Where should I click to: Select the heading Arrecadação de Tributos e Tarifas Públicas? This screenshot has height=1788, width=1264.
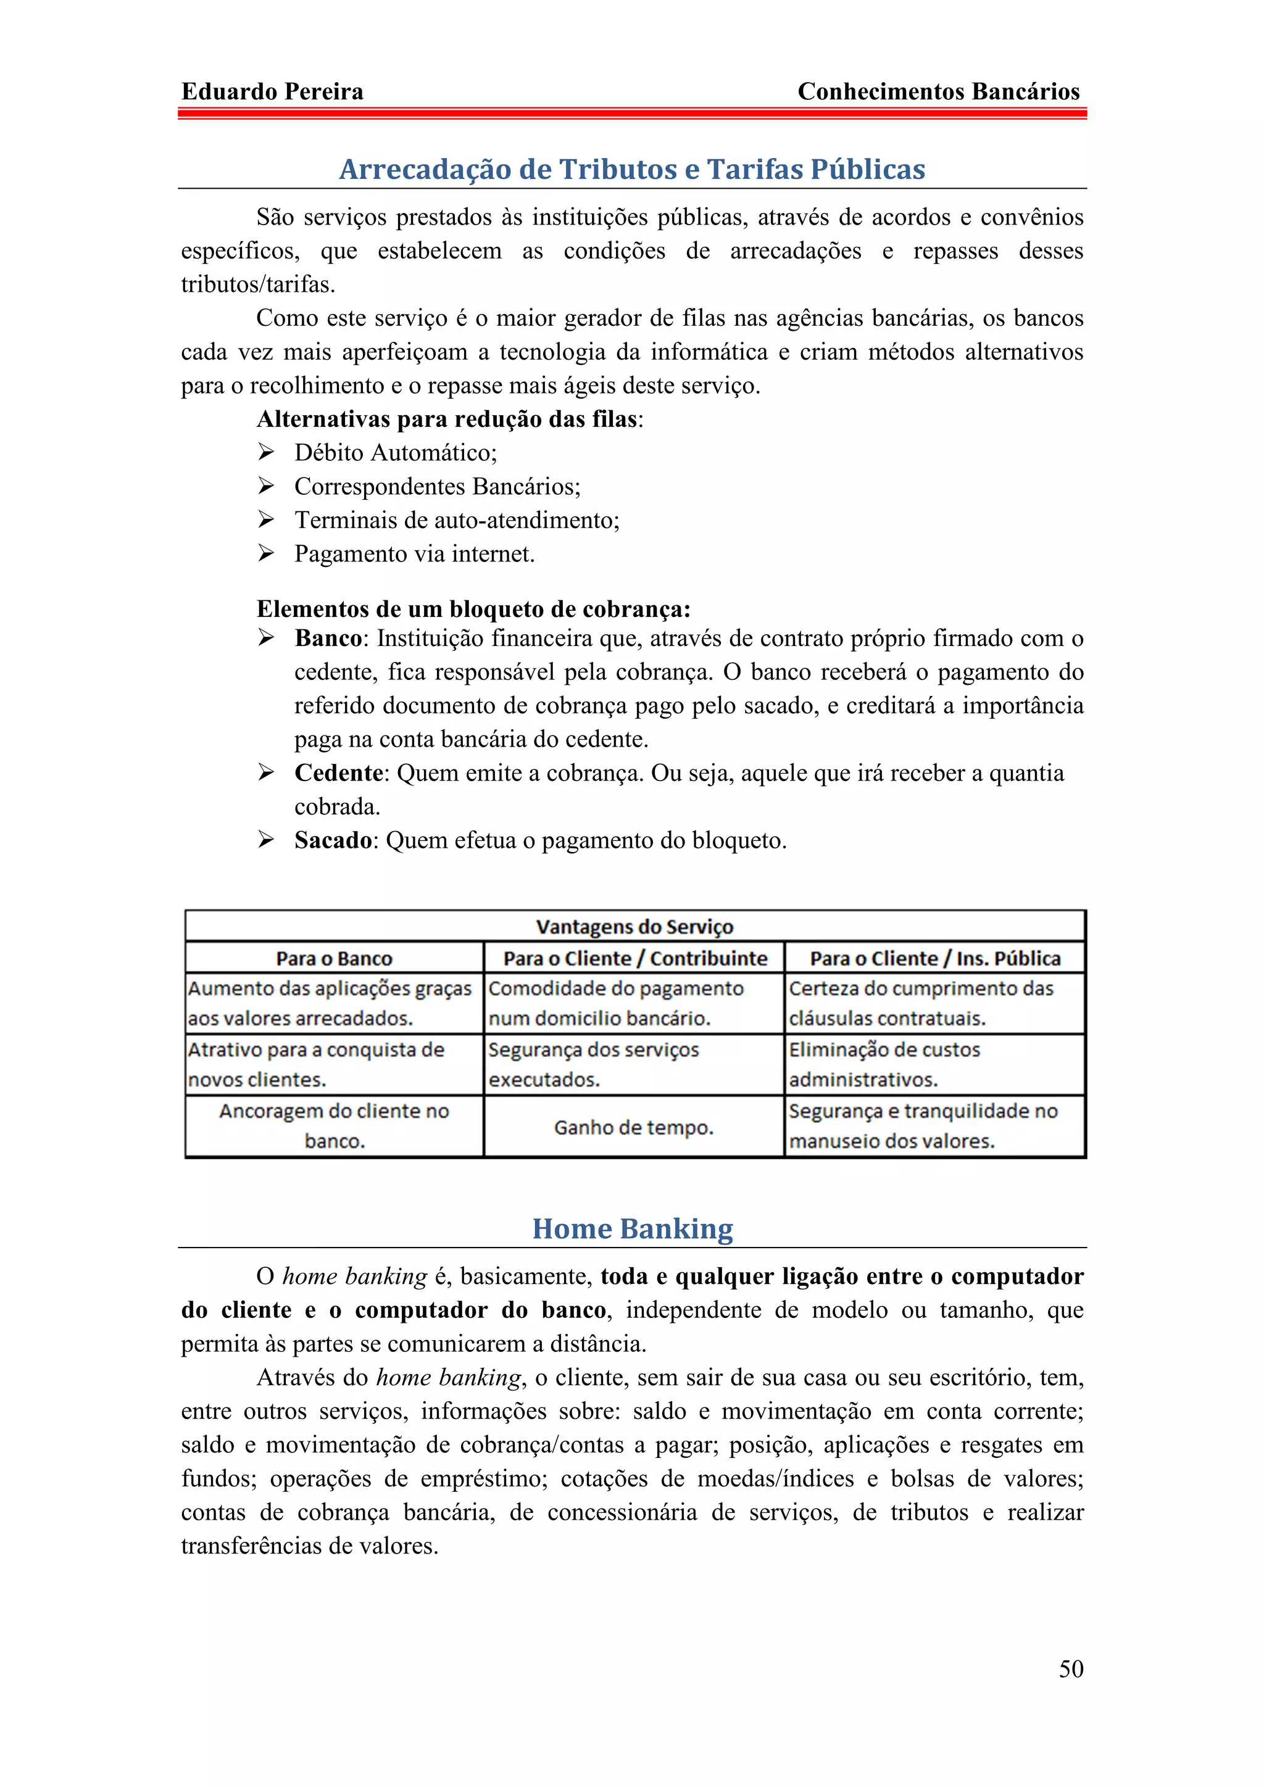(x=631, y=169)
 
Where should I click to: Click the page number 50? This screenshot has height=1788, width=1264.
(x=1070, y=1668)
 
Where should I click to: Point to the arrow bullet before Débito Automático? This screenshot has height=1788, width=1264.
(x=267, y=452)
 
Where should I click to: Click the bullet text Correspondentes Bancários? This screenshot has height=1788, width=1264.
(x=436, y=487)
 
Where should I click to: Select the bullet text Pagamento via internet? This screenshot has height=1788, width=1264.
(x=414, y=553)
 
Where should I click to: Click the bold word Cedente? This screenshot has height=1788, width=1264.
(x=338, y=772)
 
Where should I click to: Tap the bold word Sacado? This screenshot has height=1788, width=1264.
(x=333, y=840)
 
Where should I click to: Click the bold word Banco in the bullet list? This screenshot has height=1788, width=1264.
(x=328, y=639)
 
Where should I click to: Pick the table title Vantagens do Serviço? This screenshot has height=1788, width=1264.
(x=634, y=927)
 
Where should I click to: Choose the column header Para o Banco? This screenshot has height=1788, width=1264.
(x=334, y=958)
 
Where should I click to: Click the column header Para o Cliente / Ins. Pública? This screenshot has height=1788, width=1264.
(x=934, y=958)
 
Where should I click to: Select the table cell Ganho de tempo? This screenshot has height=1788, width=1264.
(x=633, y=1127)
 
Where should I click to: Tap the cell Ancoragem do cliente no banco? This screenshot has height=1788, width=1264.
(x=334, y=1125)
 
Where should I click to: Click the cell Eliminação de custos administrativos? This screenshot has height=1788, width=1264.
(x=884, y=1064)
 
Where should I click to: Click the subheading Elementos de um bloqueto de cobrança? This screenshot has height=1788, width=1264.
(x=473, y=608)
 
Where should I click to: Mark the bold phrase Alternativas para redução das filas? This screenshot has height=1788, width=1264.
(x=447, y=419)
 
